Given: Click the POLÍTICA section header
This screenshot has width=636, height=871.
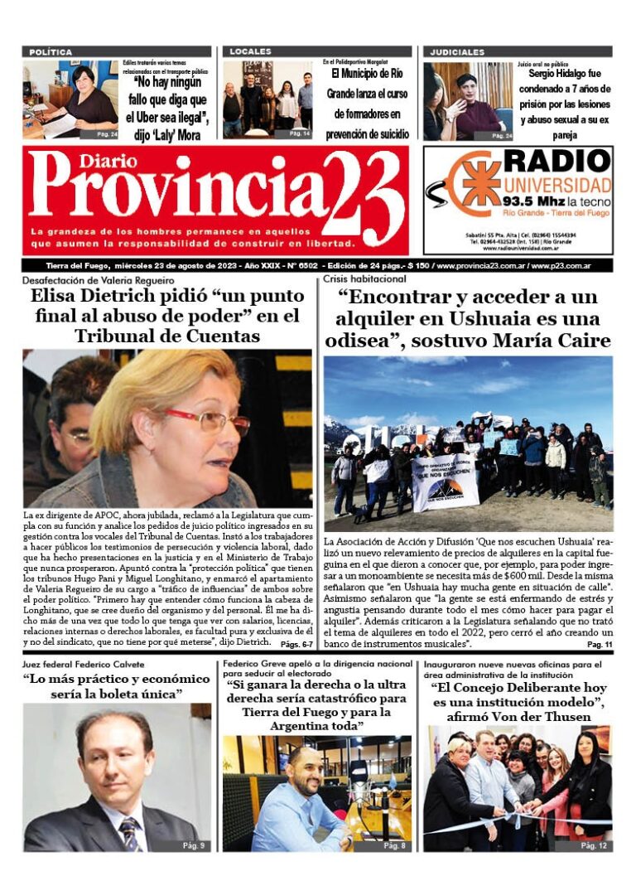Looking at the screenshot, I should tap(51, 52).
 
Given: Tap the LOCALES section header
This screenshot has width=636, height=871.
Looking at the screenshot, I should tap(250, 52).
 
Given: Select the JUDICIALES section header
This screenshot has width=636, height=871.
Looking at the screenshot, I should tap(457, 52).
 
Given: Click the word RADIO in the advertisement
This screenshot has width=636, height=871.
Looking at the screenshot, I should tap(556, 162).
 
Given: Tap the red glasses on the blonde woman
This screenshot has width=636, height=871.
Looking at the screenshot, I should tap(217, 420).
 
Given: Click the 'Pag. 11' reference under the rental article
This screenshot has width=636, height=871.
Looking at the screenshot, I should tap(599, 643).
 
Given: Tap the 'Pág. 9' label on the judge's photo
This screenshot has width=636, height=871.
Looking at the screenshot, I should tap(195, 845).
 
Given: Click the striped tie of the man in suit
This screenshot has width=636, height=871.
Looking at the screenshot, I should tap(129, 834).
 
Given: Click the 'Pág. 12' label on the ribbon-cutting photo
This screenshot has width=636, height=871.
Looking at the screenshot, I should tap(593, 845).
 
